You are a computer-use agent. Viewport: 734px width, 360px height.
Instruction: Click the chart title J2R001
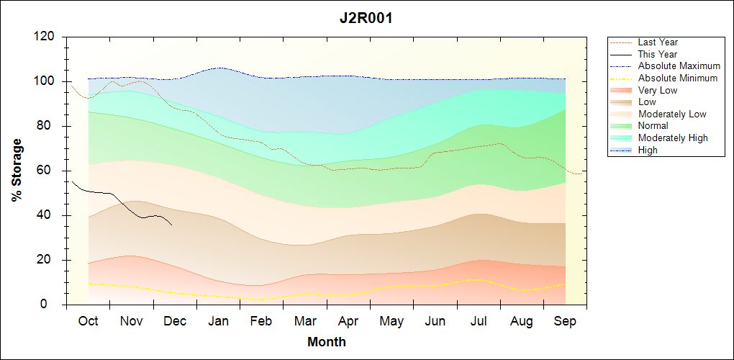366,19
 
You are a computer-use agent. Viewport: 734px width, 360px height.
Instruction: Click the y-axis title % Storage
17,174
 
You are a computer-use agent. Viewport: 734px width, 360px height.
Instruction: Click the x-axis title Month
327,342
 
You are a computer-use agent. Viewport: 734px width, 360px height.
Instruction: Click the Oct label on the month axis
88,321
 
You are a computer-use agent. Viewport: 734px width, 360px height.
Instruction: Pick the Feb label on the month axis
262,321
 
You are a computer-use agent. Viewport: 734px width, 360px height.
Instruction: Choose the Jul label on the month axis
479,321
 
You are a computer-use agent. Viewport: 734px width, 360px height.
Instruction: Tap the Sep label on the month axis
565,321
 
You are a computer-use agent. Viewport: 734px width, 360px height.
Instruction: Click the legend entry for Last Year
658,42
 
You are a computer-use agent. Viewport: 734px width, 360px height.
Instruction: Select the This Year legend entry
658,54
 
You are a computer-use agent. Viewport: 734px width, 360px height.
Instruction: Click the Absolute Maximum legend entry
679,66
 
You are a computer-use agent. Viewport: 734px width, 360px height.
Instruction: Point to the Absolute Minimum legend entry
678,78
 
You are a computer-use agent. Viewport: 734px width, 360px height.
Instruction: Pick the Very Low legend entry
658,90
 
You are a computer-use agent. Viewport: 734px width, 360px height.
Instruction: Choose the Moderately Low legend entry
672,114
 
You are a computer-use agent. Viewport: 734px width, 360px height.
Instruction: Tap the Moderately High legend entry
673,138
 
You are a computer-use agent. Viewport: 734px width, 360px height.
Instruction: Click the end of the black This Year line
172,225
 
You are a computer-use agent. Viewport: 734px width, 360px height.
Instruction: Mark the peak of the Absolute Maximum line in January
219,68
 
